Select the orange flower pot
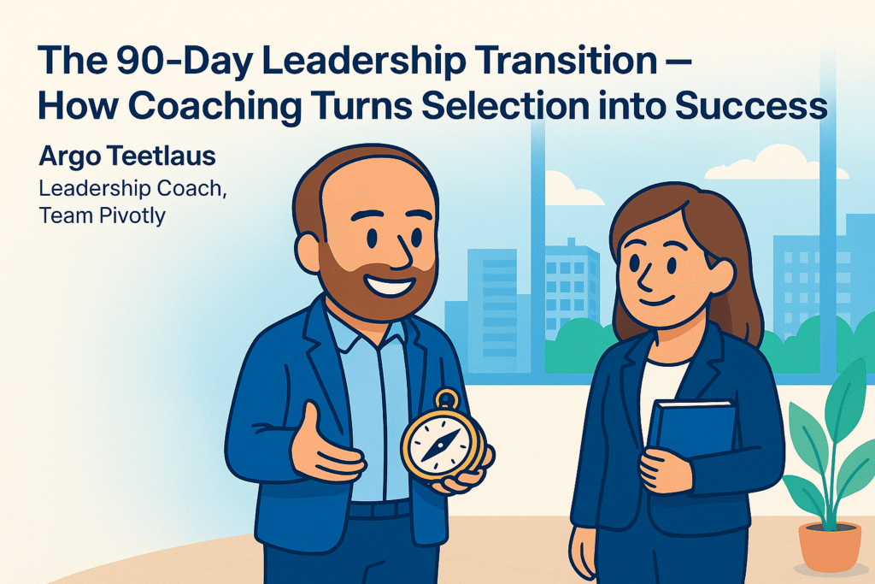tap(830, 548)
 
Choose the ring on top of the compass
tap(446, 399)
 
